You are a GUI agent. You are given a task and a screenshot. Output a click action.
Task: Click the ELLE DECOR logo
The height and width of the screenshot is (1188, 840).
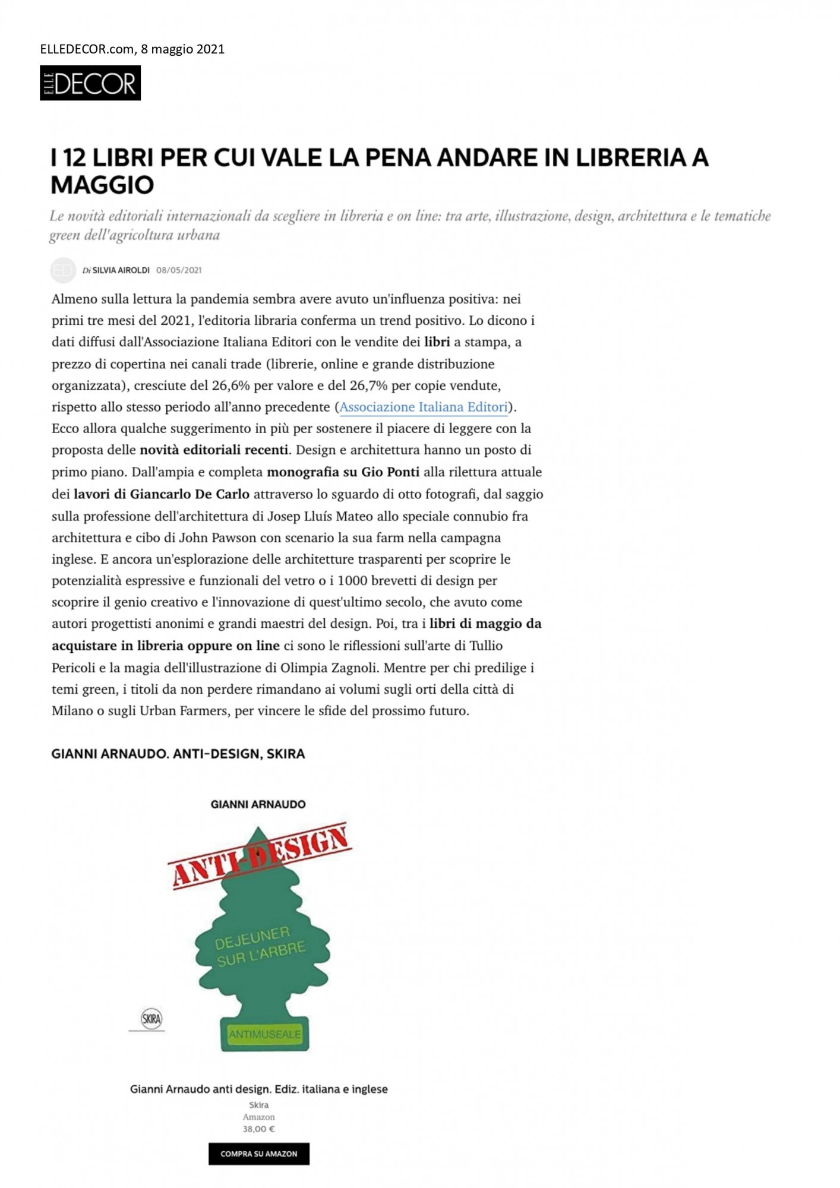tap(90, 83)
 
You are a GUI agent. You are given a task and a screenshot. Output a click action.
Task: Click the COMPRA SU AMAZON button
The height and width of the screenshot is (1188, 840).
tap(258, 1154)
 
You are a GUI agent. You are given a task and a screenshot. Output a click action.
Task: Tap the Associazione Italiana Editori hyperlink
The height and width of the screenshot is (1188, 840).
tap(424, 407)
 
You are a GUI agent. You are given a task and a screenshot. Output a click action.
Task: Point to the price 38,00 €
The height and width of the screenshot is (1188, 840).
tap(258, 1129)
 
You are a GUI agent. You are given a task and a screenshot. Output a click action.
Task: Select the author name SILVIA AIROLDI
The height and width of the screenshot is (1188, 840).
tap(121, 270)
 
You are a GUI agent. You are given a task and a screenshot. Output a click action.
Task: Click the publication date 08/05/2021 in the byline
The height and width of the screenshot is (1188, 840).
tap(179, 270)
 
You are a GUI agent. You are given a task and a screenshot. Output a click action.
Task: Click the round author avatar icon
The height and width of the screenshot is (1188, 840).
tap(63, 270)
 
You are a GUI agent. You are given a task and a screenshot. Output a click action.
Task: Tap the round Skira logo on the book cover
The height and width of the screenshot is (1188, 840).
tap(151, 1019)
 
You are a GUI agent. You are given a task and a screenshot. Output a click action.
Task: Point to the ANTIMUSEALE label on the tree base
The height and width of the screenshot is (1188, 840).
tap(265, 1034)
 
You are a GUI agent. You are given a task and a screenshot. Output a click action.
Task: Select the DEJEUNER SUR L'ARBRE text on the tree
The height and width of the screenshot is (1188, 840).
tap(260, 946)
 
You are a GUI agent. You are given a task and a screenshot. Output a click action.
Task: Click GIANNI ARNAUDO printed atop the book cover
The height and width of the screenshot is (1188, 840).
tap(258, 804)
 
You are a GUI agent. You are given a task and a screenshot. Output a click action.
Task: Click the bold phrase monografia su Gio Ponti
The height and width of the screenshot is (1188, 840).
tap(343, 472)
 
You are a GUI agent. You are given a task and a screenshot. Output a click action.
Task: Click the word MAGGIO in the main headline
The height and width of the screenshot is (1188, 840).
tap(102, 185)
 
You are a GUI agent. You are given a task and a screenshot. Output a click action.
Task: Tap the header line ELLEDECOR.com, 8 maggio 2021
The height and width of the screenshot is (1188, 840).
tap(132, 49)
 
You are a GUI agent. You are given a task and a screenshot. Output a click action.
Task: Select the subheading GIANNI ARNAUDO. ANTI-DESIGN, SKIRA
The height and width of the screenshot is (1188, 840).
tap(178, 754)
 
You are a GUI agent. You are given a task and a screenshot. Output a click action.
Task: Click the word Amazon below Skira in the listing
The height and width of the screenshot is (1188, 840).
tap(258, 1117)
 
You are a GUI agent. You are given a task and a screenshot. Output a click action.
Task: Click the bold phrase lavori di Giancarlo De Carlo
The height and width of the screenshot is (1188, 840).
tap(162, 494)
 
